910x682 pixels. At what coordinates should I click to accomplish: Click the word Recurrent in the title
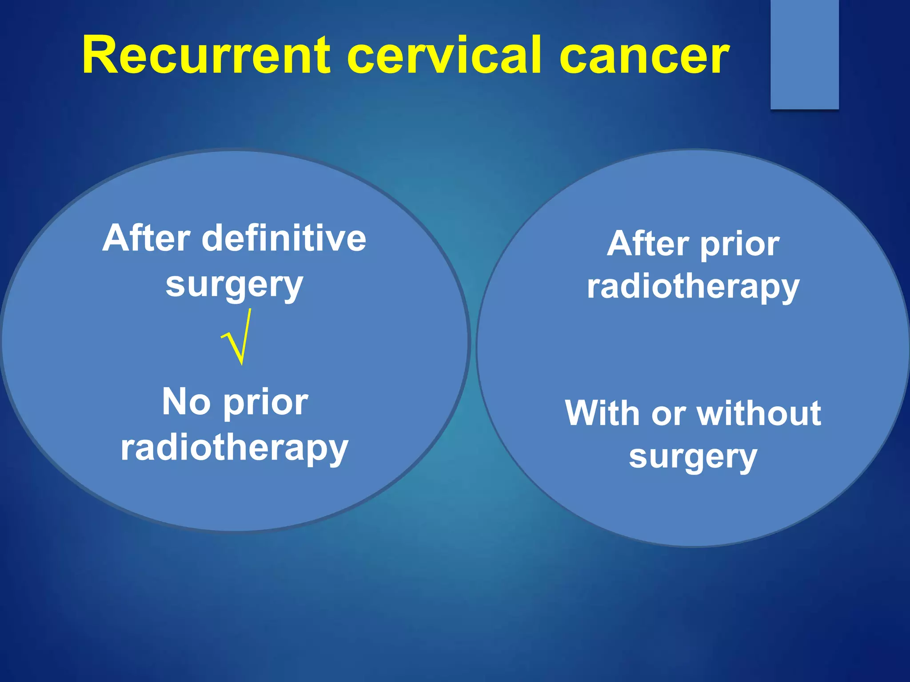tap(207, 56)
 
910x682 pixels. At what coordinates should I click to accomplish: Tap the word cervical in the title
tap(444, 56)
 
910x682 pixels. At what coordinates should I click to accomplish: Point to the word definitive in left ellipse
tap(284, 238)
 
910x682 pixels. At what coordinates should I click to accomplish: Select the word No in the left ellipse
tap(186, 402)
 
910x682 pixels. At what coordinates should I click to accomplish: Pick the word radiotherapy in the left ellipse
tap(234, 448)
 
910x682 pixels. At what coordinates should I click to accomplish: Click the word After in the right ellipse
tap(649, 244)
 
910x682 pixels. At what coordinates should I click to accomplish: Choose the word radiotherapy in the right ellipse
tap(693, 288)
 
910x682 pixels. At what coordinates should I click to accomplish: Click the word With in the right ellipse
tap(602, 413)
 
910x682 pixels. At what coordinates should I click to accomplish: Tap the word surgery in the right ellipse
tap(693, 457)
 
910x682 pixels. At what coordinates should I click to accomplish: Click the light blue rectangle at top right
tap(804, 53)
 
